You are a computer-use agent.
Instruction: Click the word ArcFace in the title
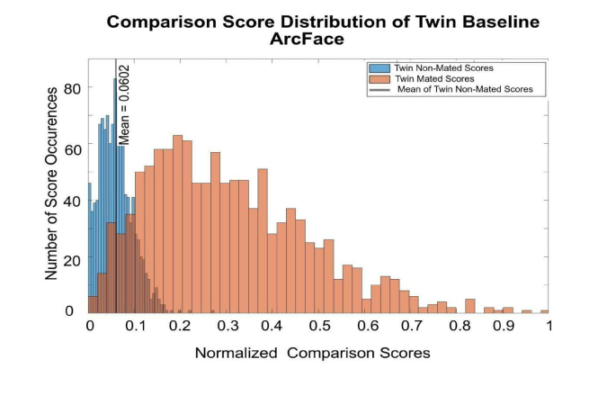(x=306, y=40)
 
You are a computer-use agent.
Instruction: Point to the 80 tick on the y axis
(x=73, y=89)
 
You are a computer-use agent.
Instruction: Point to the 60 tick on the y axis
(x=73, y=144)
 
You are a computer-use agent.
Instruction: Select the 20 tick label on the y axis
(x=73, y=255)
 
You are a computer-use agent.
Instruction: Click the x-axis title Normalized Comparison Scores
(x=312, y=353)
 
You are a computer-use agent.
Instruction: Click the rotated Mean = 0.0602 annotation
(x=125, y=103)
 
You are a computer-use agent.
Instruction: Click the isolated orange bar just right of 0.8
(x=469, y=305)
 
